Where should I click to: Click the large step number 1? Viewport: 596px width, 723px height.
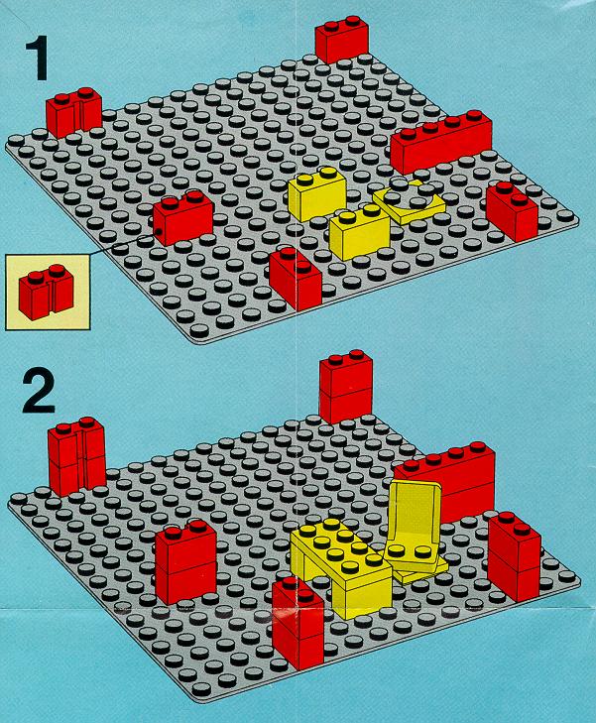tap(38, 60)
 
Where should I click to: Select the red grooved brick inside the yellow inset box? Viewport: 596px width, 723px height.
tap(46, 292)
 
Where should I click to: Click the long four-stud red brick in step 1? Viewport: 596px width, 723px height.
tap(441, 141)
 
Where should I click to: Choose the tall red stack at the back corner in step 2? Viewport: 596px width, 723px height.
tap(345, 388)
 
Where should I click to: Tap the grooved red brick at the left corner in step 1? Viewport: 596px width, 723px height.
tap(73, 112)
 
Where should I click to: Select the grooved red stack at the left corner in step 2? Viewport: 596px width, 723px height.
tap(77, 456)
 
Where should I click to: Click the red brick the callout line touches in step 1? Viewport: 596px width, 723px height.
tap(183, 217)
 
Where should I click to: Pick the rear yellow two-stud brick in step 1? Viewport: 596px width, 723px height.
tap(317, 193)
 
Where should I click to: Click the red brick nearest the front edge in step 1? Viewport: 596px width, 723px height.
tap(296, 279)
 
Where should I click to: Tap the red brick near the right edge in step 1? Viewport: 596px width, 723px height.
tap(512, 211)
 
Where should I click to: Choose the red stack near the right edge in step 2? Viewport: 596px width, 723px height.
tap(515, 556)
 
